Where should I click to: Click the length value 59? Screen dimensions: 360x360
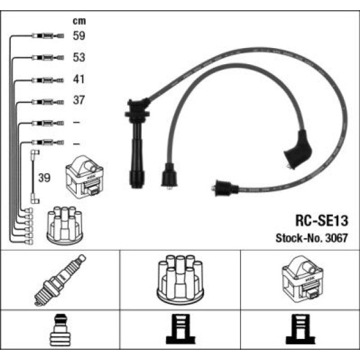point(79,36)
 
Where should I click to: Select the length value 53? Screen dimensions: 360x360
point(79,58)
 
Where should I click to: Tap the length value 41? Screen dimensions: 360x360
point(79,79)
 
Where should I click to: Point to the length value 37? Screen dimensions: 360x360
point(79,101)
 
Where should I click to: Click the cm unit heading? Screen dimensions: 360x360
point(78,20)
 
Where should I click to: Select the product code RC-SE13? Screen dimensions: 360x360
point(322,220)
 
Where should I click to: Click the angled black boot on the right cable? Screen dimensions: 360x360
point(298,149)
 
